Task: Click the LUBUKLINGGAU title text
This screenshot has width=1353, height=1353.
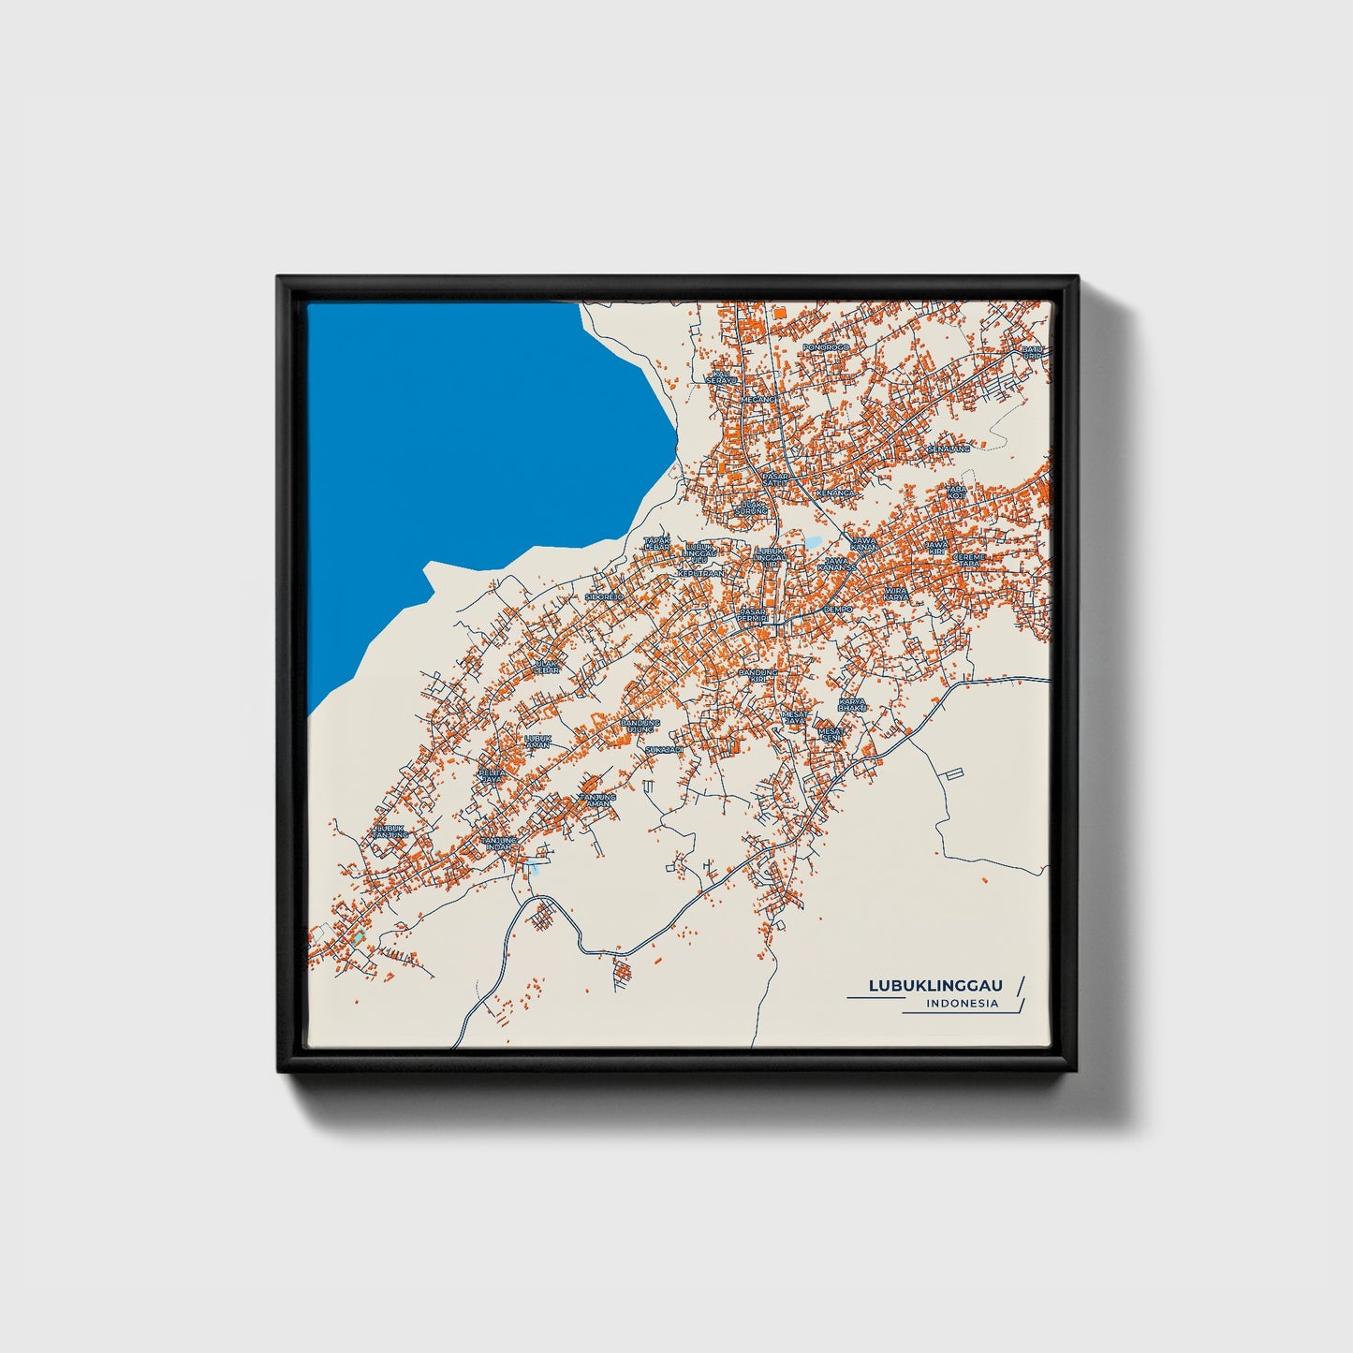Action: [x=935, y=985]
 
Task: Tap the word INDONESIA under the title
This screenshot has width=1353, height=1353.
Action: [x=961, y=1004]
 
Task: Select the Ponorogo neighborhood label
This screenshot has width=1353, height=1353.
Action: [x=825, y=347]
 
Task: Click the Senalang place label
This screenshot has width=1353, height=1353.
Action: [x=949, y=449]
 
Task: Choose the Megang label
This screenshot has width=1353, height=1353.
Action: [x=759, y=399]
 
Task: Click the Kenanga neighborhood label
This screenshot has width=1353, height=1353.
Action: [x=835, y=492]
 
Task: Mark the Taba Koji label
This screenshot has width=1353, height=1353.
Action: [x=956, y=491]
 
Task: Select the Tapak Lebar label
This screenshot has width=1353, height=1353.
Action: [x=656, y=543]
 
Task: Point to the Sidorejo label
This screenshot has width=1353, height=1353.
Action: [x=604, y=596]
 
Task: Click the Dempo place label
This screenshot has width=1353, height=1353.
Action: [x=838, y=609]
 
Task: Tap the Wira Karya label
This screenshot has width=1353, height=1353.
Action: [x=897, y=594]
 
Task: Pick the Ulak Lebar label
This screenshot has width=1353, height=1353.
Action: [x=546, y=668]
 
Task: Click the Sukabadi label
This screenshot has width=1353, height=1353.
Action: [x=664, y=750]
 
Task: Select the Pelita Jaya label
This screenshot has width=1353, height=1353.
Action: [x=491, y=775]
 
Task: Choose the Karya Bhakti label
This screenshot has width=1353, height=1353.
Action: [x=852, y=704]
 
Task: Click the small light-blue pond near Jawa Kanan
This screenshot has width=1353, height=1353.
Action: [x=813, y=541]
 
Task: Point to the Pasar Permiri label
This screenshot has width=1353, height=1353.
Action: [x=752, y=615]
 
